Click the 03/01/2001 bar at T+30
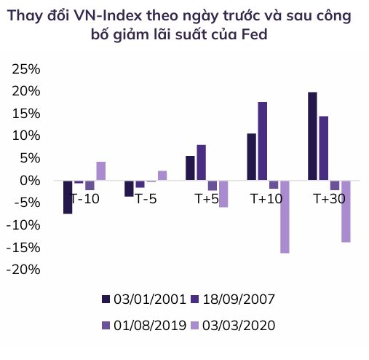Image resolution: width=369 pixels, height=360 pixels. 312,136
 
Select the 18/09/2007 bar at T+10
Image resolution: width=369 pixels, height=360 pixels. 263,141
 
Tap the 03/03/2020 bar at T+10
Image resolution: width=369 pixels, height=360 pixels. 285,216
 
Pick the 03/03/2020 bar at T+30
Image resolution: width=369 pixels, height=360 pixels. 346,211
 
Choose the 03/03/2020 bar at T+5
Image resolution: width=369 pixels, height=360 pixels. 223,194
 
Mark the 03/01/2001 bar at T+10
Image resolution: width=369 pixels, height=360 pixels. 252,157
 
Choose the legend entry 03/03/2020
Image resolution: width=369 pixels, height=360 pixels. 236,325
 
